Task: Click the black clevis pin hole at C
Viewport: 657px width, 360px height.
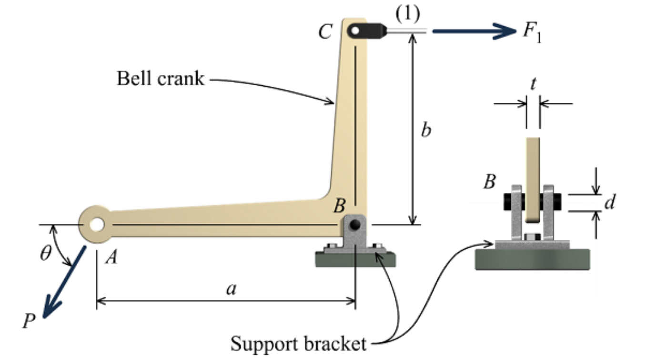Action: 355,31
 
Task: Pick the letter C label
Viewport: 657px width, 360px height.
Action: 325,33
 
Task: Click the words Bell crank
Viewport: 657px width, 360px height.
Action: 160,79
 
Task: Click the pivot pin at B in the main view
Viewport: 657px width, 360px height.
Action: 355,224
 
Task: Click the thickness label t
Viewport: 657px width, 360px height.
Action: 533,84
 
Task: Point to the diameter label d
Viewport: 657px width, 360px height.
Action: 609,203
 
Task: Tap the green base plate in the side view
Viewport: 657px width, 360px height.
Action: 533,260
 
